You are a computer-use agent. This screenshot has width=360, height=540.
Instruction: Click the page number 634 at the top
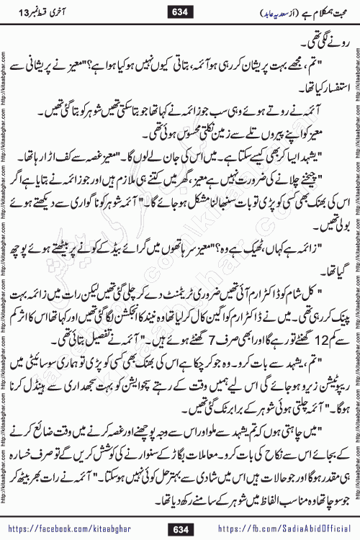[x=179, y=11]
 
